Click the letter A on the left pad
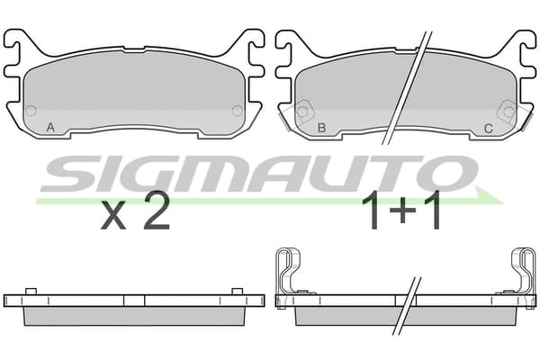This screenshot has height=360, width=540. coord(50,128)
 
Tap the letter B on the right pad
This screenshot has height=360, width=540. coord(321,128)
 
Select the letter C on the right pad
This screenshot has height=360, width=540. coord(489,128)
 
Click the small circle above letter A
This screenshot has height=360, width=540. coord(31,111)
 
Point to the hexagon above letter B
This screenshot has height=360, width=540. coord(304,112)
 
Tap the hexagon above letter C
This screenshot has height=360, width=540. coord(507,112)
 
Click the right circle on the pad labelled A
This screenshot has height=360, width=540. coord(238,111)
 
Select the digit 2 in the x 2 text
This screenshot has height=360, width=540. coord(157,211)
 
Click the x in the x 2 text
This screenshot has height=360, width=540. coord(113,217)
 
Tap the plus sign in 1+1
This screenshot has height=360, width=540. coord(401,211)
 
